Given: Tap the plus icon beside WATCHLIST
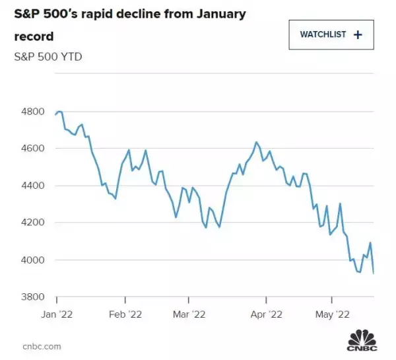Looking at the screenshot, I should (x=358, y=34).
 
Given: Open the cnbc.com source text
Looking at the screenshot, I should (x=42, y=345).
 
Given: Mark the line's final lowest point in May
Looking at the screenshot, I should (x=374, y=273).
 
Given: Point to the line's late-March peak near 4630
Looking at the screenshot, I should (x=255, y=142).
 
